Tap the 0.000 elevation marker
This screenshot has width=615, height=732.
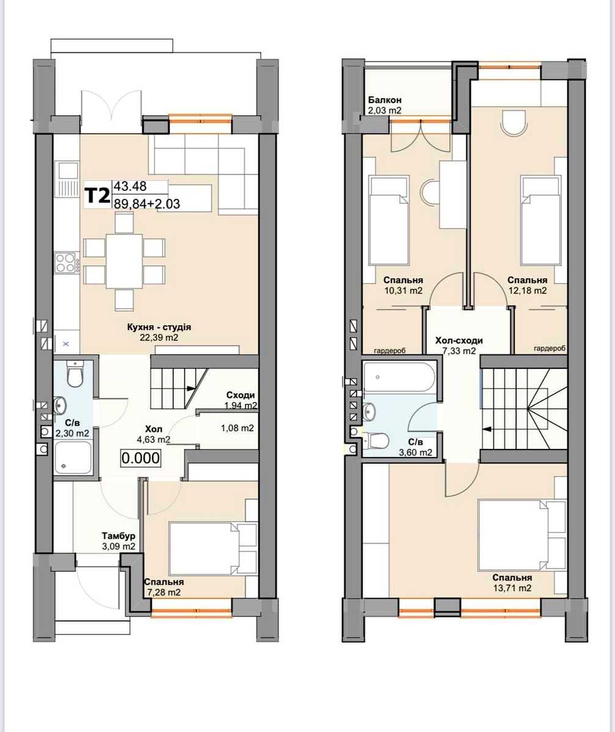(140, 458)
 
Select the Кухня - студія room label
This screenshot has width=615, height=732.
(159, 327)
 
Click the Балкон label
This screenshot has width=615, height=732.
(385, 100)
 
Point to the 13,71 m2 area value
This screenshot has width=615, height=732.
(512, 588)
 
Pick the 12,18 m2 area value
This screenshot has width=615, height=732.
(528, 290)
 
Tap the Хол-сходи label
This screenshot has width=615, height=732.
(459, 340)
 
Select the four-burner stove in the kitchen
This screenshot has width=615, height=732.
(67, 262)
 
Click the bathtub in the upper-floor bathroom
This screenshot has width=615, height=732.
(399, 377)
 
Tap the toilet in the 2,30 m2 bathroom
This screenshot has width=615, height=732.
(75, 374)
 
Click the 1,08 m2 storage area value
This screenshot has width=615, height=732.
(238, 428)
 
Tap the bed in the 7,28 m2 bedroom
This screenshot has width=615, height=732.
(213, 548)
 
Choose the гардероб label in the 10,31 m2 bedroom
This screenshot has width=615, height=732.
(390, 350)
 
